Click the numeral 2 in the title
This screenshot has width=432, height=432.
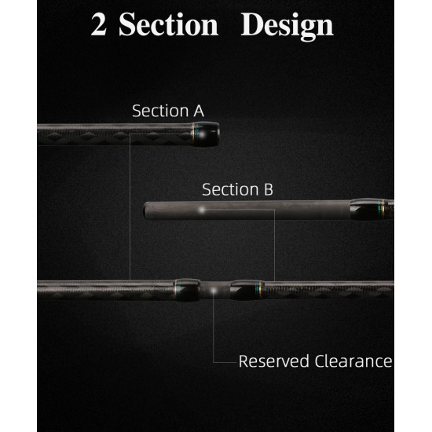99,25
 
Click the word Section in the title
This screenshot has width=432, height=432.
169,24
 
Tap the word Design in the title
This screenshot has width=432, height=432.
287,27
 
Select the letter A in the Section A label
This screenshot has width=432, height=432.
199,111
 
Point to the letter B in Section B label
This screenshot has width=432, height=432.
269,189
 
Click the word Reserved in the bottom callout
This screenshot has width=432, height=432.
274,361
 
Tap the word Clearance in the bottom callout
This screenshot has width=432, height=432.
353,361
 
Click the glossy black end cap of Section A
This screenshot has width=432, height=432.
206,134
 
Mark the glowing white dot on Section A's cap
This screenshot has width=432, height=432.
202,135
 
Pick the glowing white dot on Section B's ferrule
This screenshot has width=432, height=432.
202,210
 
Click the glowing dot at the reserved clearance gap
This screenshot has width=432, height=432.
213,291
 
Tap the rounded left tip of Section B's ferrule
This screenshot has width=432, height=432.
145,211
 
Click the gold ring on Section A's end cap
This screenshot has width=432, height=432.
193,134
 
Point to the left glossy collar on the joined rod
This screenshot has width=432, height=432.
187,290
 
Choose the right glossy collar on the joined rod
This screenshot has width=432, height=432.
247,290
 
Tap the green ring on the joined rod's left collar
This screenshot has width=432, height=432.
178,290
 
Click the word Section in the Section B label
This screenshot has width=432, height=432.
230,189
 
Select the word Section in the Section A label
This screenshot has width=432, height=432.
160,111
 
